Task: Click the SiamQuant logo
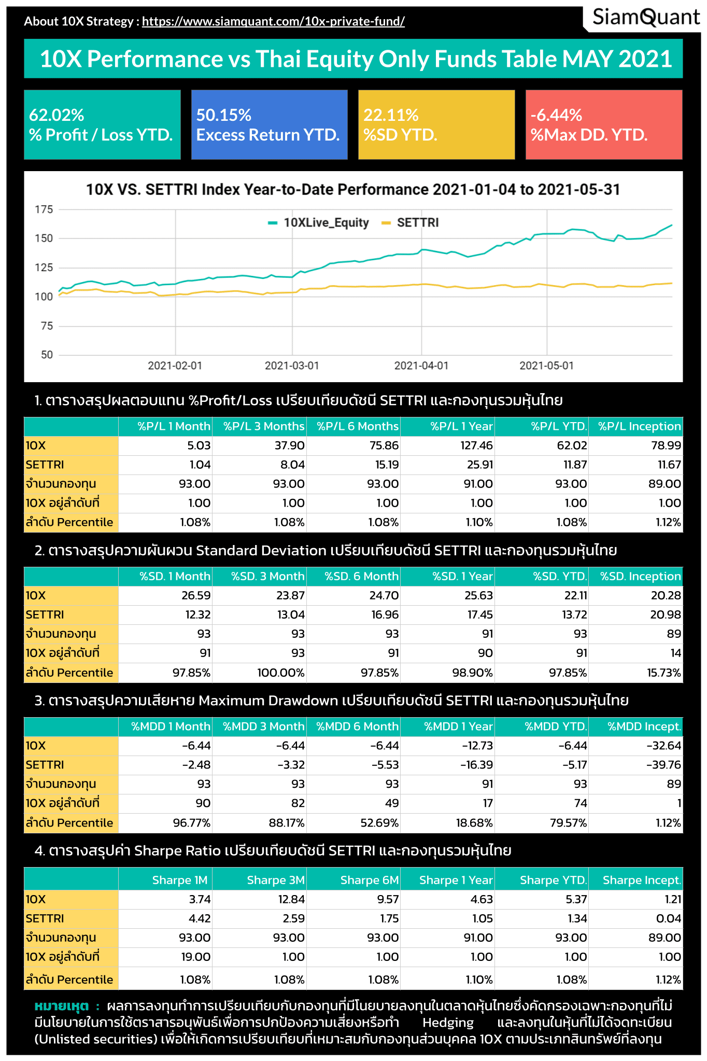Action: [x=645, y=18]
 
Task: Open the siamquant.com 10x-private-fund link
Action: [x=273, y=21]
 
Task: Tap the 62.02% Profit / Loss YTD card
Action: [x=102, y=124]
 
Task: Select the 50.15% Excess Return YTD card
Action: [x=269, y=124]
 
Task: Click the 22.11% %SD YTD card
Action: [x=436, y=124]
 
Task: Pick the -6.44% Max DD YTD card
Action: [x=603, y=124]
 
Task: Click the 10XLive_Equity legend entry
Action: [x=319, y=223]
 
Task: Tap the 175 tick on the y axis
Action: [x=44, y=210]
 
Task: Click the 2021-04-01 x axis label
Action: [x=421, y=366]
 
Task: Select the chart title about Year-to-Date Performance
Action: [x=353, y=190]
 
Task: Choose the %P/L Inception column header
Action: [x=639, y=426]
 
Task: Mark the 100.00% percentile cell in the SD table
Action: [x=281, y=673]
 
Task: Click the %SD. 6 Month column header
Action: [x=361, y=576]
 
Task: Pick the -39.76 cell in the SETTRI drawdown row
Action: [x=663, y=765]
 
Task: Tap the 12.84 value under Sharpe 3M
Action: [x=291, y=899]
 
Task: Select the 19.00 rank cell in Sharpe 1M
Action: [x=195, y=957]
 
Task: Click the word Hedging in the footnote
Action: [x=448, y=1023]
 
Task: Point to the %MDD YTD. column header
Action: [x=555, y=727]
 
